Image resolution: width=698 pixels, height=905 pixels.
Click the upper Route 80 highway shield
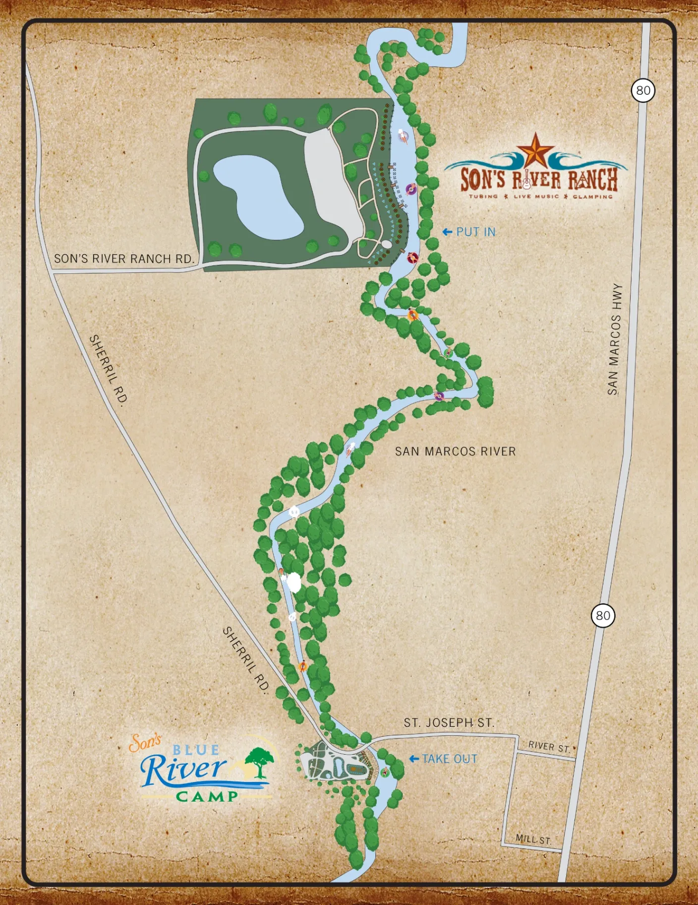643,90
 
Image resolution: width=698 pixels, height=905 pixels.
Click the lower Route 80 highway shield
603,616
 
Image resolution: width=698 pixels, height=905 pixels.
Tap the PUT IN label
475,232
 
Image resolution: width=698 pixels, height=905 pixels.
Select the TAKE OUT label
450,759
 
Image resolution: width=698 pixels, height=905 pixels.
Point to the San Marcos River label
455,452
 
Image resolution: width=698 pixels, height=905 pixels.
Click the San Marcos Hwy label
615,339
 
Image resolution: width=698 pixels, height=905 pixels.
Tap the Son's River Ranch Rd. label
123,259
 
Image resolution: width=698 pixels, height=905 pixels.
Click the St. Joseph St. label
449,723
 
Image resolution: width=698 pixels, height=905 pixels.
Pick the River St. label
549,747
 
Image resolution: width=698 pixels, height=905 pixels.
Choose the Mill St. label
533,840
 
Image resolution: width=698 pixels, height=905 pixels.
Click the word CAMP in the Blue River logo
207,797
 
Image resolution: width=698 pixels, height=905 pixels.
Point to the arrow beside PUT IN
447,232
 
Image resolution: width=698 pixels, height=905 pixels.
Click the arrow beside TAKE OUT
414,759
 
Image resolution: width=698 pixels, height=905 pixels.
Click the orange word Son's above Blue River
145,743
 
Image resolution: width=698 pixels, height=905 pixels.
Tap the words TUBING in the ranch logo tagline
483,196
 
